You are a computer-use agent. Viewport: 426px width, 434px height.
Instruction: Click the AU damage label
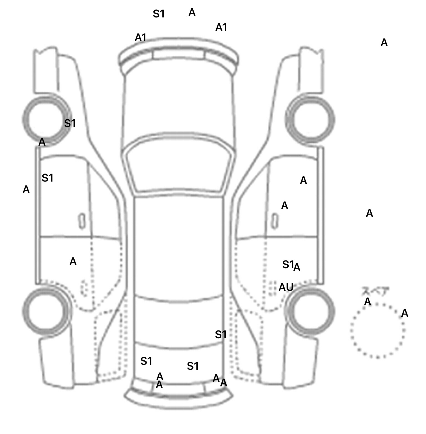(x=286, y=288)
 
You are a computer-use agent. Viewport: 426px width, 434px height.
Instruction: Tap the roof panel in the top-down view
(x=179, y=246)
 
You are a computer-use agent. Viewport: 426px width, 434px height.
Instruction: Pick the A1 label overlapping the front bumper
(x=141, y=38)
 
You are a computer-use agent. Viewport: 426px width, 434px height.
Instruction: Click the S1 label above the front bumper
(x=159, y=14)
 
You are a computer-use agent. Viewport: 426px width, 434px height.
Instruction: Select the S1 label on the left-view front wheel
(x=70, y=123)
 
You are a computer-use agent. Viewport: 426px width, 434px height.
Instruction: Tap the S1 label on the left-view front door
(x=47, y=178)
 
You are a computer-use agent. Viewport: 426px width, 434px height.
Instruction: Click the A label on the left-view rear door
(x=73, y=262)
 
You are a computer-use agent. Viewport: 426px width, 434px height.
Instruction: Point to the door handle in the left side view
(x=82, y=221)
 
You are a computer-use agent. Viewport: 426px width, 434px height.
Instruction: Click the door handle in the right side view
(x=275, y=221)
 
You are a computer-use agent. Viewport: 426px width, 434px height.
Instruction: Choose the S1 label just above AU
(x=288, y=265)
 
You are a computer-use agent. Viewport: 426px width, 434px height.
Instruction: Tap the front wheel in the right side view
(x=311, y=120)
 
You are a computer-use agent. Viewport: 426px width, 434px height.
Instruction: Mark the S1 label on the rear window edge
(x=221, y=335)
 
